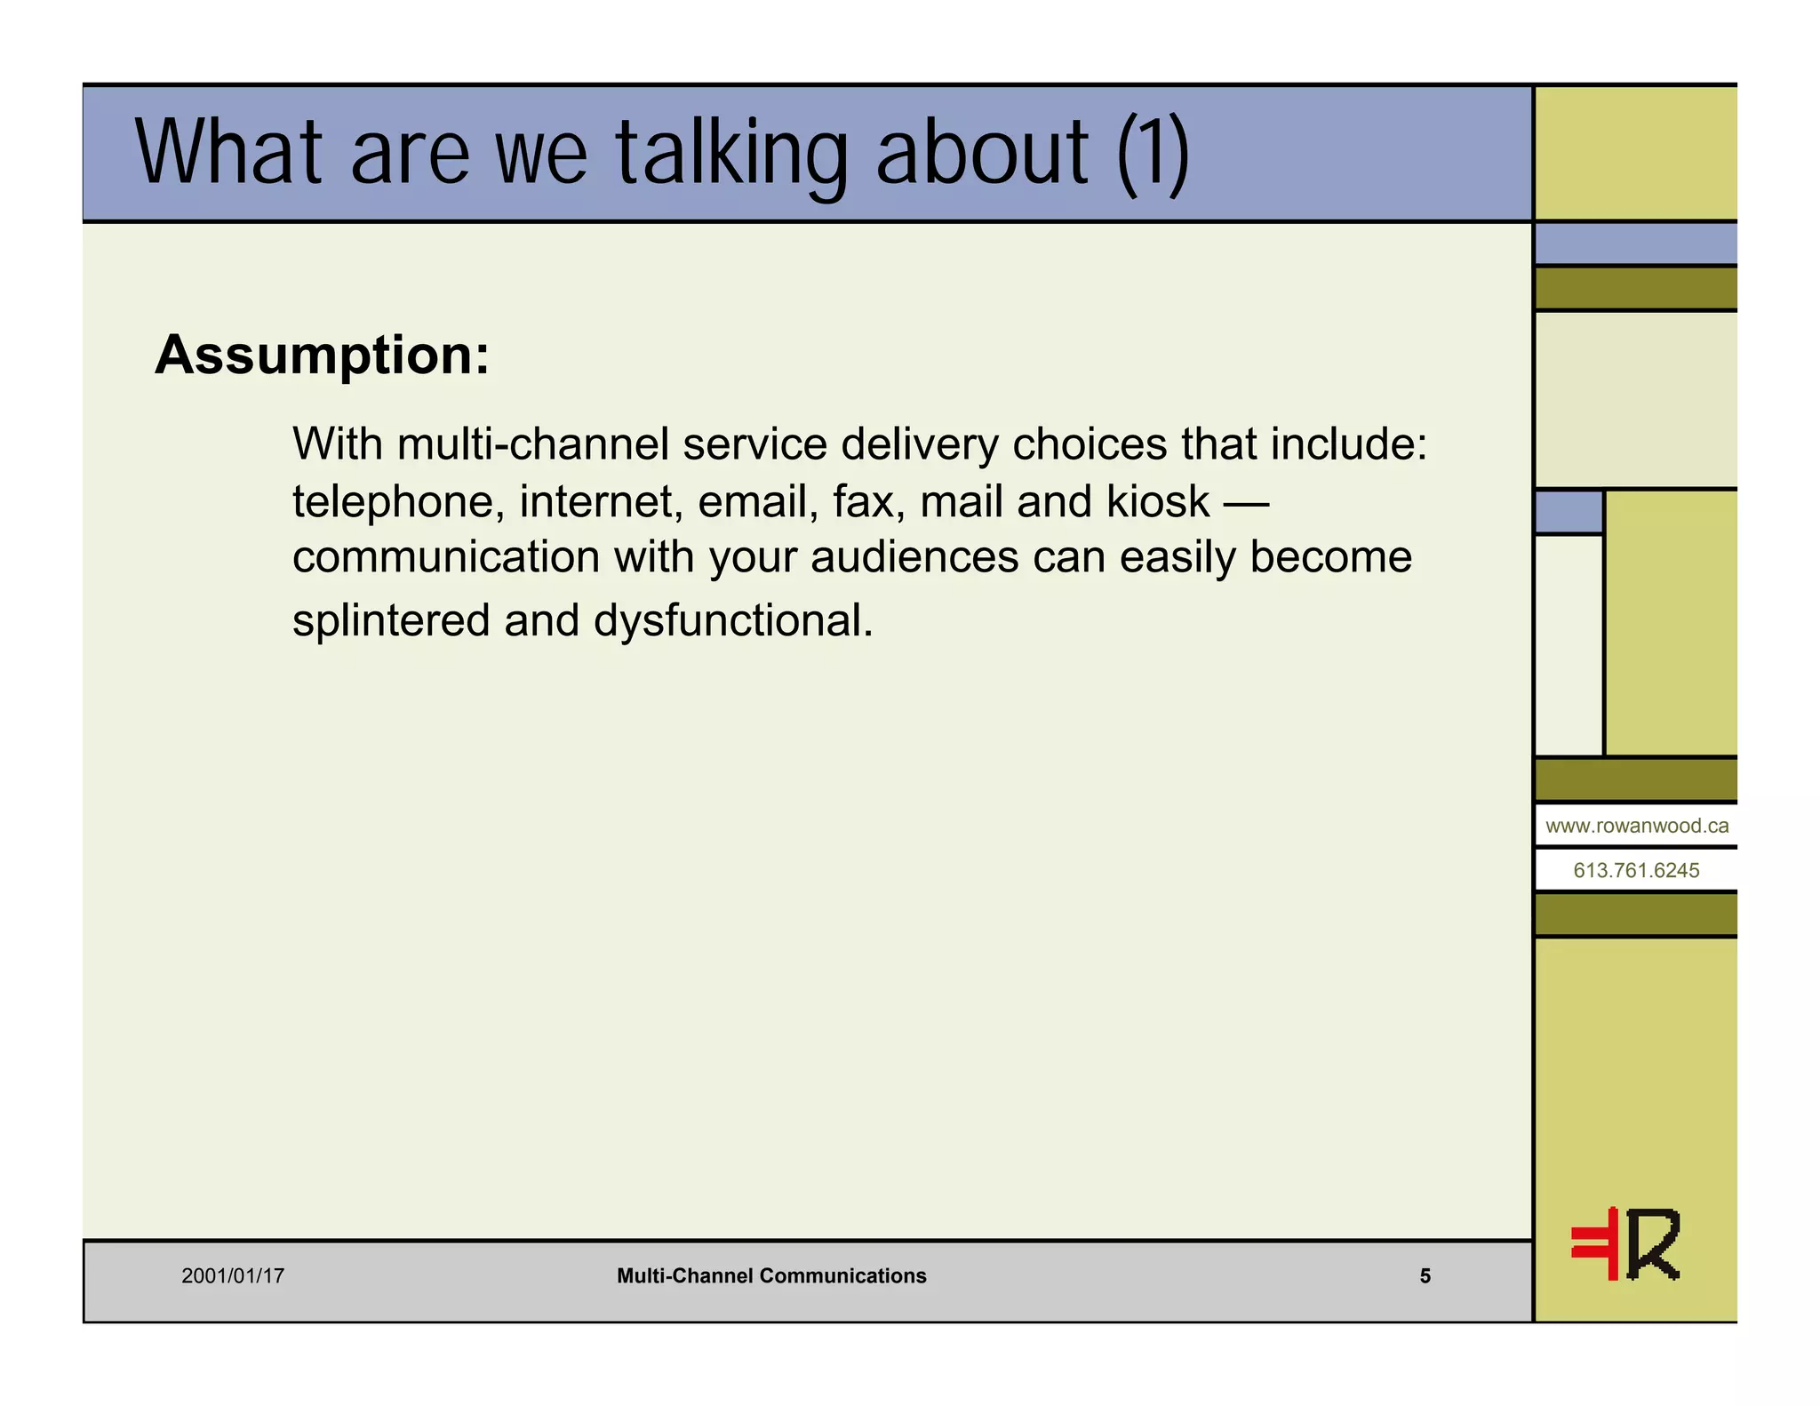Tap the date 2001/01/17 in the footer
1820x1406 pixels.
pyautogui.click(x=233, y=1276)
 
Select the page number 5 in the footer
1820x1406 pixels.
pyautogui.click(x=1425, y=1276)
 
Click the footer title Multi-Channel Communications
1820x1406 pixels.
pyautogui.click(x=771, y=1276)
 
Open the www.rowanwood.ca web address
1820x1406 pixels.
pyautogui.click(x=1637, y=826)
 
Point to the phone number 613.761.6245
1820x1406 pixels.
pyautogui.click(x=1636, y=870)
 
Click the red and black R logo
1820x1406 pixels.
pyautogui.click(x=1625, y=1244)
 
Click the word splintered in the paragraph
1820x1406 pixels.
pyautogui.click(x=391, y=620)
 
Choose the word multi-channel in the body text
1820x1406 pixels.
pyautogui.click(x=533, y=443)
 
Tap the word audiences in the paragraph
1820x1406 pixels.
pyautogui.click(x=914, y=558)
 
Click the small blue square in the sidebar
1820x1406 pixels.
pyautogui.click(x=1569, y=512)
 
